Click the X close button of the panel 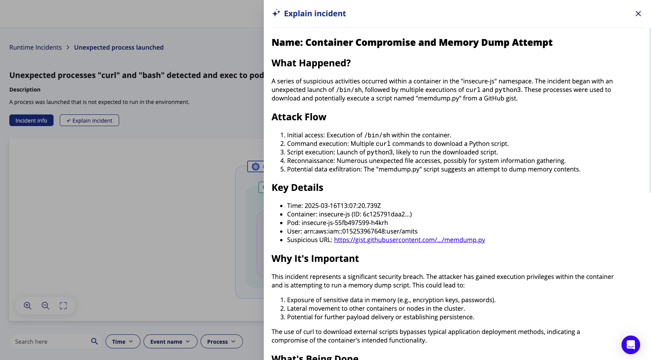click(638, 14)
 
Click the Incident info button click(31, 121)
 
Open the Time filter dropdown click(123, 341)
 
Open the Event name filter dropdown click(170, 341)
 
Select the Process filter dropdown click(222, 341)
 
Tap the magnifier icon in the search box click(94, 341)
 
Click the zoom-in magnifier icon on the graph click(28, 306)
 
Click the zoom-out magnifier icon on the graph click(45, 306)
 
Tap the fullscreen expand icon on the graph click(63, 306)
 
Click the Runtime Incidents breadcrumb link click(35, 47)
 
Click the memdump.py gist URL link click(409, 240)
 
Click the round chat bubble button click(630, 344)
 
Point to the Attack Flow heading click(299, 117)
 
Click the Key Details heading click(297, 188)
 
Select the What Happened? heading click(311, 63)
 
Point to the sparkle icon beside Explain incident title click(276, 13)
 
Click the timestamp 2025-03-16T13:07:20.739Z click(343, 206)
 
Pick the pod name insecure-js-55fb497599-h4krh click(345, 223)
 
